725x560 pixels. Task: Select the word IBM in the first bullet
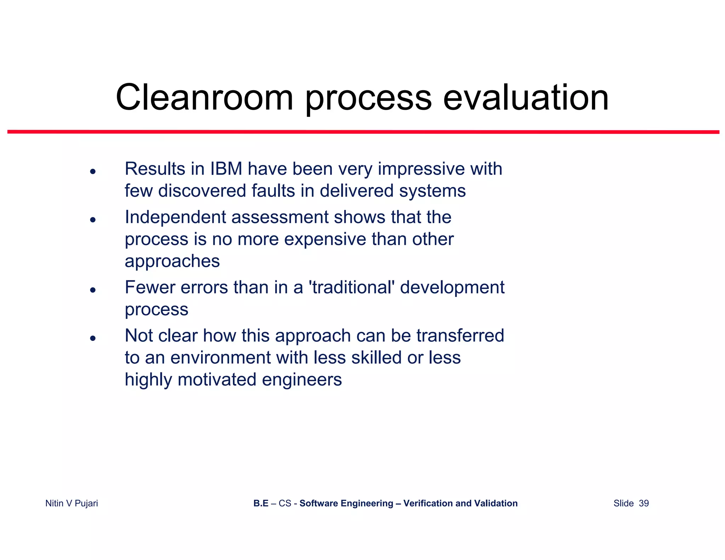click(x=226, y=169)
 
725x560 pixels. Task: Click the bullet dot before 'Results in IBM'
click(x=93, y=172)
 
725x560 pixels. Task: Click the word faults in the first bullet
click(x=273, y=191)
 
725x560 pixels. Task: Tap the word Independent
click(x=175, y=217)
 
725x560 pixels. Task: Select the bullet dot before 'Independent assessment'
click(x=93, y=220)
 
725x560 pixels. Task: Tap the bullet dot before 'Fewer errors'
click(x=93, y=290)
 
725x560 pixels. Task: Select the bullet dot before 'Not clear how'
click(x=93, y=338)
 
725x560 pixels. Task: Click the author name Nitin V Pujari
click(x=72, y=503)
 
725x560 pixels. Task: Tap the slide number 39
click(x=644, y=503)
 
